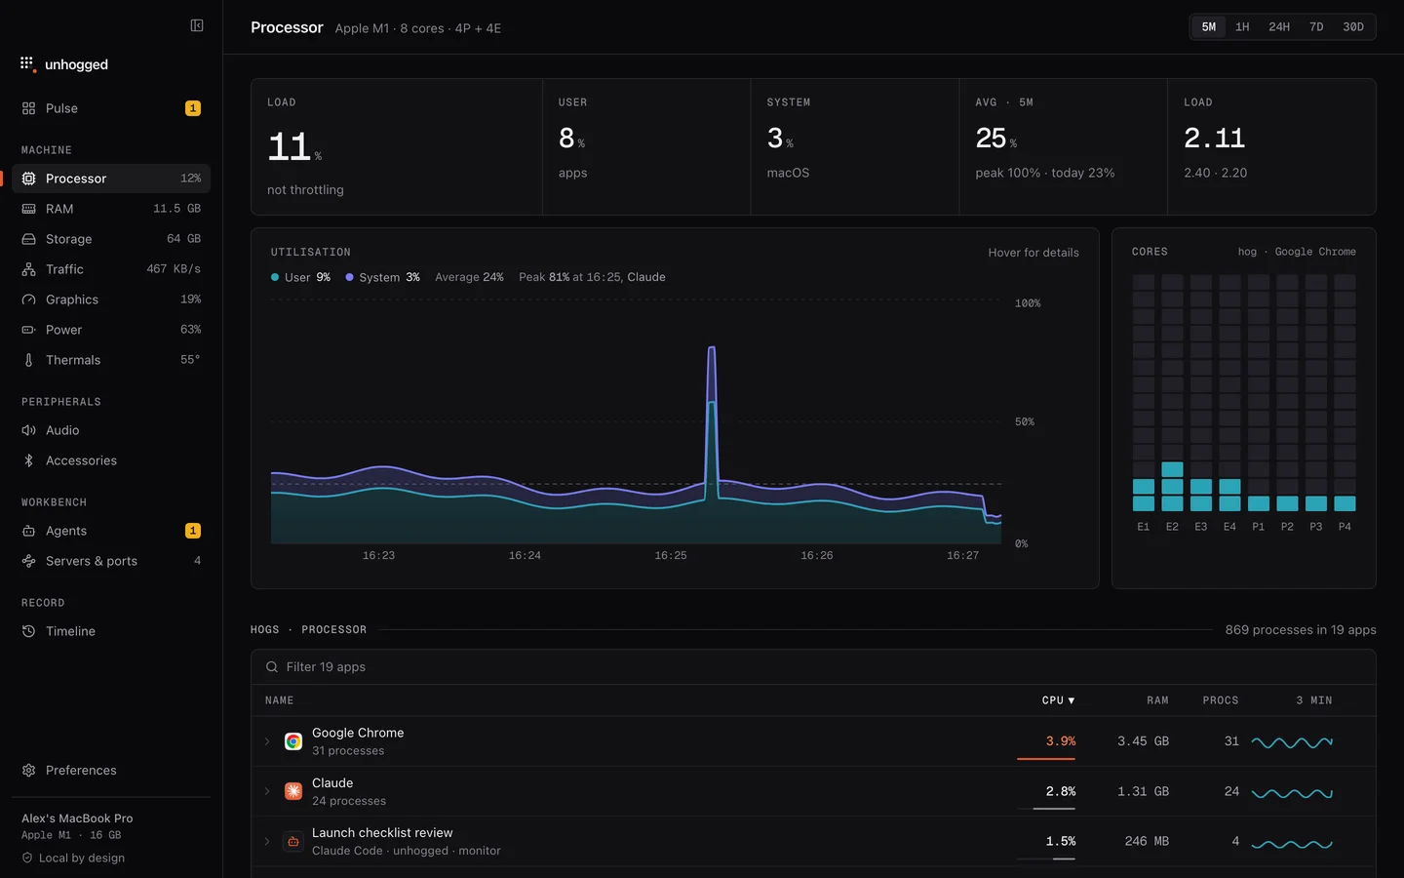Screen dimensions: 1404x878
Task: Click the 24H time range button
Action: [1278, 27]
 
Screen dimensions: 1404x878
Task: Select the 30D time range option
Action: [1352, 27]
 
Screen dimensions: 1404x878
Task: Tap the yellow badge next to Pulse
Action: [192, 108]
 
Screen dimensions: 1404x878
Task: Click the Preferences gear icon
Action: [29, 770]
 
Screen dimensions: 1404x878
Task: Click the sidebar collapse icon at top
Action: [197, 25]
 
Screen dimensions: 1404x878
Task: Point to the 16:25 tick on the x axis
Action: [671, 555]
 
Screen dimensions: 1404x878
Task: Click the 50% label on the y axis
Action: [1025, 422]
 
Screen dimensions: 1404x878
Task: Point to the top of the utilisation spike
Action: [712, 347]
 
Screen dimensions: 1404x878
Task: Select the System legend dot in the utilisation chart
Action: [349, 277]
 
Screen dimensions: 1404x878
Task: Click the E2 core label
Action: [1172, 527]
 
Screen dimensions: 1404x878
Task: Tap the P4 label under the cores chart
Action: [1345, 527]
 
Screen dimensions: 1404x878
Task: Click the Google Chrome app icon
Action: [292, 741]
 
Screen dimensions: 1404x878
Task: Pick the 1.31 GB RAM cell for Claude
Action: [1143, 791]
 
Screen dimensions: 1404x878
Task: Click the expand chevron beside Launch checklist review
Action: [267, 842]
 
